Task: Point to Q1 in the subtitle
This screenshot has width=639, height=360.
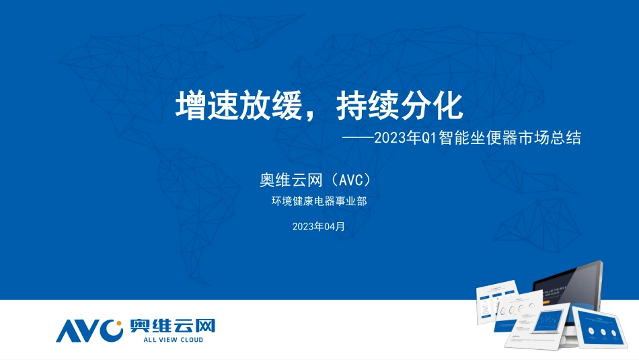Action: (x=429, y=138)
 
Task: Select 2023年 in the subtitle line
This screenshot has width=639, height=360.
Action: (x=397, y=138)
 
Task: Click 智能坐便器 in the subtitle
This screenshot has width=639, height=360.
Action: (x=476, y=138)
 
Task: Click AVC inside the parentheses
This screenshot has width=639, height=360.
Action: (x=350, y=180)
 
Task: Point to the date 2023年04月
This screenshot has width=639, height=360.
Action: (x=319, y=227)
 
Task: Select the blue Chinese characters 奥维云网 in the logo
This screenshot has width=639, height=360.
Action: (x=172, y=326)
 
